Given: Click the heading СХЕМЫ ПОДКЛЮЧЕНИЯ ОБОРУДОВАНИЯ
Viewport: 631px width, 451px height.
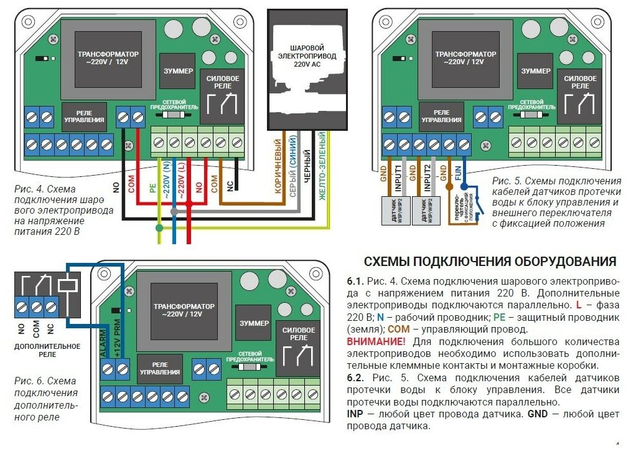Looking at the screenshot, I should click(x=490, y=262).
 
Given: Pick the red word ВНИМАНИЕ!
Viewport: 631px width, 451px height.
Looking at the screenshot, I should click(x=375, y=342).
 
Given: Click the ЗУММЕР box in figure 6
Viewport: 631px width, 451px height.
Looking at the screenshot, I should click(x=253, y=324).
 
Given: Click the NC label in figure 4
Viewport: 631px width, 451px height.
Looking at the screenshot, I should click(x=230, y=185).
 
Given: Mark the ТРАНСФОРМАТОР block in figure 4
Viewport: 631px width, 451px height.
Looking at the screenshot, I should click(x=108, y=59).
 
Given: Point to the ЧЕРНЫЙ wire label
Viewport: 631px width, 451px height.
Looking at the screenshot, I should click(x=307, y=169).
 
